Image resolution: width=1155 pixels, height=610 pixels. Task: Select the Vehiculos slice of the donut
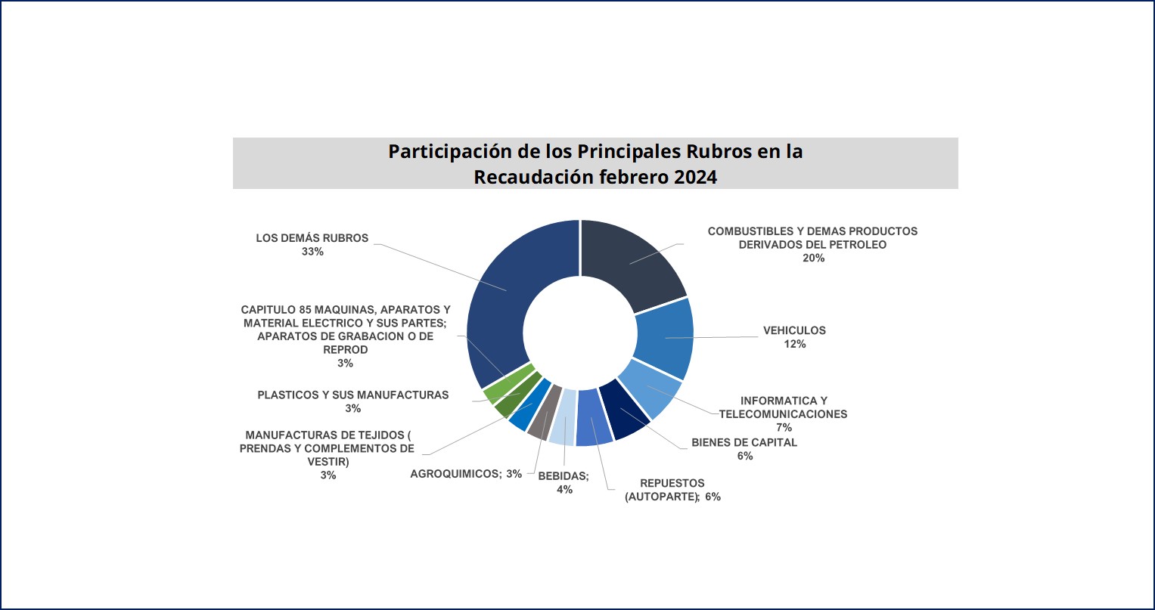[663, 338]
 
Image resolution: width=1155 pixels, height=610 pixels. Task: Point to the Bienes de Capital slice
[622, 412]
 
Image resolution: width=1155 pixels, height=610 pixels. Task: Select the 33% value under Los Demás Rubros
[312, 252]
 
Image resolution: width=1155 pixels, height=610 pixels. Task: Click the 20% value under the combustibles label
[814, 258]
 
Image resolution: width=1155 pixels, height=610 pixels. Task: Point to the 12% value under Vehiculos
[795, 344]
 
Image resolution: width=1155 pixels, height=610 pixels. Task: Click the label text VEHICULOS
[794, 330]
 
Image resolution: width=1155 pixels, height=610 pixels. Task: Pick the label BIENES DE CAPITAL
[744, 442]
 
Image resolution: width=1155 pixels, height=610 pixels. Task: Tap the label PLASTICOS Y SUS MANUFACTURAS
[352, 395]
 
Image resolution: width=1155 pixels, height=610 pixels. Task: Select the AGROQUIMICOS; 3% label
[466, 474]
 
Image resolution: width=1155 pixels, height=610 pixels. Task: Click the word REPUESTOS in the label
[672, 483]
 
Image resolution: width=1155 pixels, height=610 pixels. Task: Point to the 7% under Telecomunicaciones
[784, 428]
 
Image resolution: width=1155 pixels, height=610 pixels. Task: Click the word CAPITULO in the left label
[266, 309]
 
